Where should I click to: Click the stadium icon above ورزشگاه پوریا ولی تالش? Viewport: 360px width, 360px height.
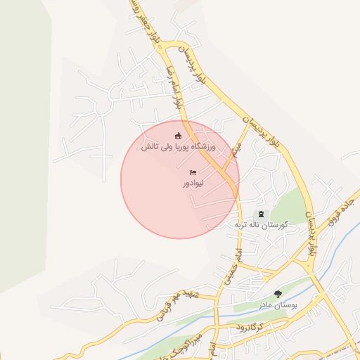(179, 136)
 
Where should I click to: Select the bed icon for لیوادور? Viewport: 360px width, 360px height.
(193, 172)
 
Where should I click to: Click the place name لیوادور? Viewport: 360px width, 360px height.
(193, 184)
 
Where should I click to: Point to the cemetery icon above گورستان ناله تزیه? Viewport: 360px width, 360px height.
(262, 214)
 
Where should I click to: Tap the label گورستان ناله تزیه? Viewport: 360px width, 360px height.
(262, 225)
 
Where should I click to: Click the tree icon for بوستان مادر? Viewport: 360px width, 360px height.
(278, 294)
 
